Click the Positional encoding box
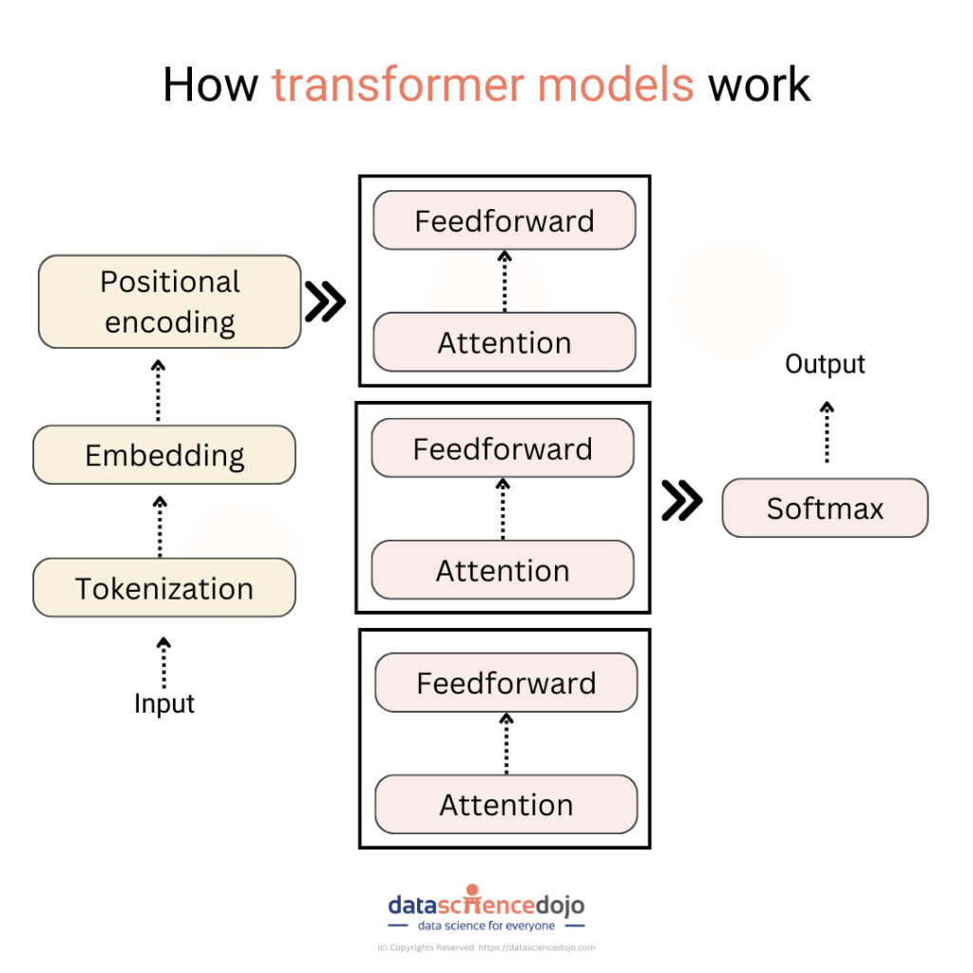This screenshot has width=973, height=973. coord(169,301)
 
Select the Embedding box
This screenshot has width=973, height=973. coord(163,455)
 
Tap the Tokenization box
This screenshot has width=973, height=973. coord(163,588)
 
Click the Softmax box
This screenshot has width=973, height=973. coord(824,508)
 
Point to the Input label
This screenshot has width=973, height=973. coord(163,704)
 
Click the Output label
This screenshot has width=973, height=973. coord(825,364)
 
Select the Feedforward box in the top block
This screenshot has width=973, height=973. coord(504,220)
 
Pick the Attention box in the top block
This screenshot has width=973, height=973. coord(504,342)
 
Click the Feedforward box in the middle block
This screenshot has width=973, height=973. coord(502,448)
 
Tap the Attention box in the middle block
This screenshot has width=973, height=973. coord(502,570)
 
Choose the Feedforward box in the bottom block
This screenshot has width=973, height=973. coord(506,683)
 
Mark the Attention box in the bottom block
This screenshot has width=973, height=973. coord(506,805)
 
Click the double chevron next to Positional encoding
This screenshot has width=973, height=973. coord(325,301)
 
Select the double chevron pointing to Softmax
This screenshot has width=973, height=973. coord(681,502)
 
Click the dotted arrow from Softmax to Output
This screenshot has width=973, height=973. coord(827,432)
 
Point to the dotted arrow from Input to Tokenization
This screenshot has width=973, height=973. coord(163,662)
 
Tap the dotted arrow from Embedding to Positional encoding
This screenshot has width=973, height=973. coord(159,391)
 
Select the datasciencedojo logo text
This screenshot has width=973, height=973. coord(486,905)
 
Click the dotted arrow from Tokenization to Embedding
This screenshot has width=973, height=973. coord(160,525)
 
